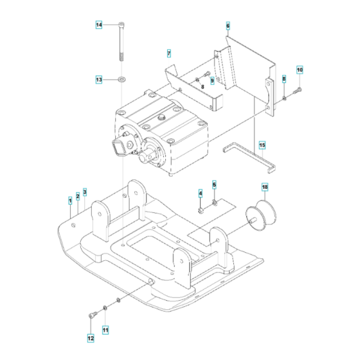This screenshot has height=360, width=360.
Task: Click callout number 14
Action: (x=99, y=25)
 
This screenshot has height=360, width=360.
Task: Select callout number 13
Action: (x=99, y=80)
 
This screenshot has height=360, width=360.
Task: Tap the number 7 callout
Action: (x=168, y=52)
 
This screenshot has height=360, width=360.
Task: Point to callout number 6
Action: (x=228, y=26)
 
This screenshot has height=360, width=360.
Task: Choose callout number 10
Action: (x=300, y=69)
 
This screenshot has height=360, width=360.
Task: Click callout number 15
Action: (x=262, y=145)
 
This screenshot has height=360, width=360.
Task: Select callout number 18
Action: (x=264, y=187)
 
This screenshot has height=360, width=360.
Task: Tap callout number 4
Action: (x=200, y=194)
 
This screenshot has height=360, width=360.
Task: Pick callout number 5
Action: (x=215, y=185)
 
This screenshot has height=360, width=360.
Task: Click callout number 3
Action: (x=85, y=193)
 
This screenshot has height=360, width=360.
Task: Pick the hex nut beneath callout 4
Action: (x=201, y=209)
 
